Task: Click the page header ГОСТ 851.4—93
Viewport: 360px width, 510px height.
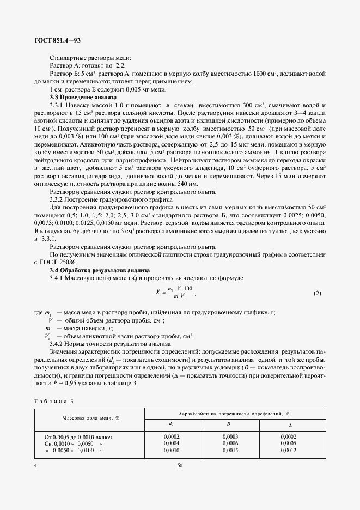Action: [58, 41]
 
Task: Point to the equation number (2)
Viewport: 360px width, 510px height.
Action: [318, 294]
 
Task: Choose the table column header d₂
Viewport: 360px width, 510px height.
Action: [172, 423]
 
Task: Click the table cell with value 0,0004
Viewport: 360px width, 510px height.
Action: [172, 444]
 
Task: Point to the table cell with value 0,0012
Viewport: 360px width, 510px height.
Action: [288, 451]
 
